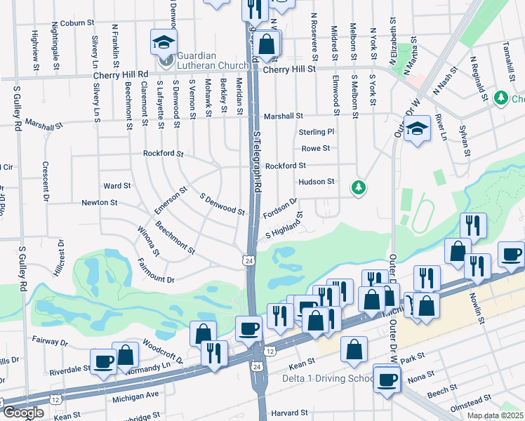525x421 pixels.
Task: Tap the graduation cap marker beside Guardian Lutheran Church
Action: (x=164, y=44)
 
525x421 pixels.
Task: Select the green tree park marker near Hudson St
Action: (x=359, y=187)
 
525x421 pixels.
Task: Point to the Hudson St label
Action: (x=317, y=182)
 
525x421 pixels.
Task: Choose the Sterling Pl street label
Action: (x=317, y=132)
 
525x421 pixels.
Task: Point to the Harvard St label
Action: (x=290, y=413)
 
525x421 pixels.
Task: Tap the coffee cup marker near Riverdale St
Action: (x=104, y=362)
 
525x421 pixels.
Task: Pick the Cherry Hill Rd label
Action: (x=124, y=74)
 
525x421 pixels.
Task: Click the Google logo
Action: (x=23, y=413)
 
